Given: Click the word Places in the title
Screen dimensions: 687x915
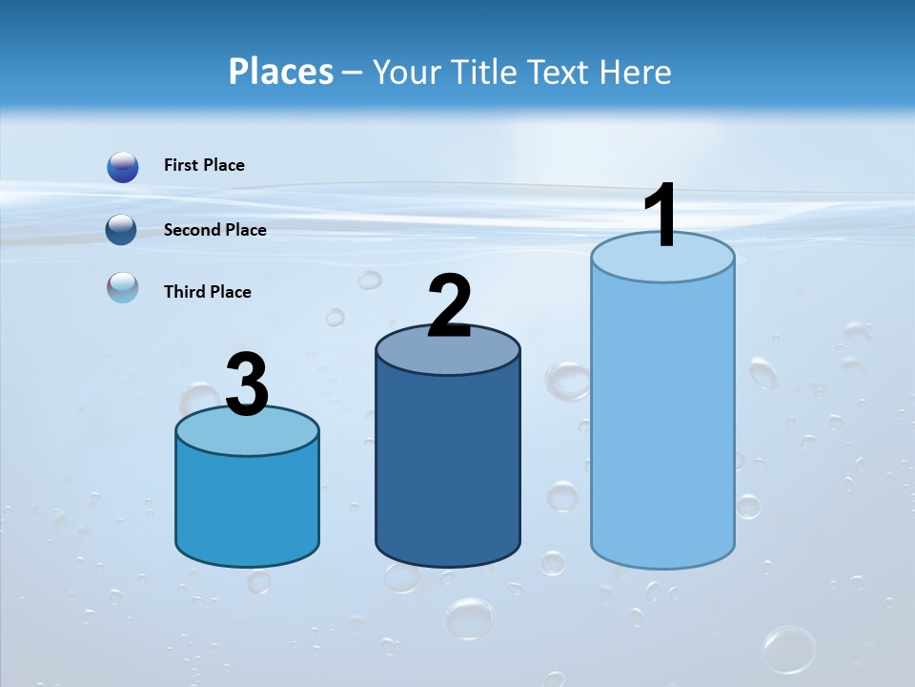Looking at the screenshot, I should pos(280,72).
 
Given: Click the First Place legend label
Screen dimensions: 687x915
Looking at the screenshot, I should pos(204,165).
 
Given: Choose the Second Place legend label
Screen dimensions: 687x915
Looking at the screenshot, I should pos(214,230).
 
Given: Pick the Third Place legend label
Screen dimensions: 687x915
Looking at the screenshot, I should pos(207,292).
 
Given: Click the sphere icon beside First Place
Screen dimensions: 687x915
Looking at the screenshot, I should pos(123,167).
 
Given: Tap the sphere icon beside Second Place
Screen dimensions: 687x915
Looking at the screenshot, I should pos(123,230).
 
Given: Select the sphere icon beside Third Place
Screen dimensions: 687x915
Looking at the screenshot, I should pos(123,288).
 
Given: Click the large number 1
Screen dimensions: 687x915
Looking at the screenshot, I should pos(661,216).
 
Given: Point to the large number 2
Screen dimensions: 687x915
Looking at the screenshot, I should pos(449,305).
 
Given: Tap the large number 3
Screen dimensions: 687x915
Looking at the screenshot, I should pos(247,385).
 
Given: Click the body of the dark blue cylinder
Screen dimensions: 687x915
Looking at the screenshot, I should pos(448,468).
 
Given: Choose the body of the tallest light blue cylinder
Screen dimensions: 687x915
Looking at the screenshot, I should pos(662,420).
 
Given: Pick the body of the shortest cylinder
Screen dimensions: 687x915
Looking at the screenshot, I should pos(247,506).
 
